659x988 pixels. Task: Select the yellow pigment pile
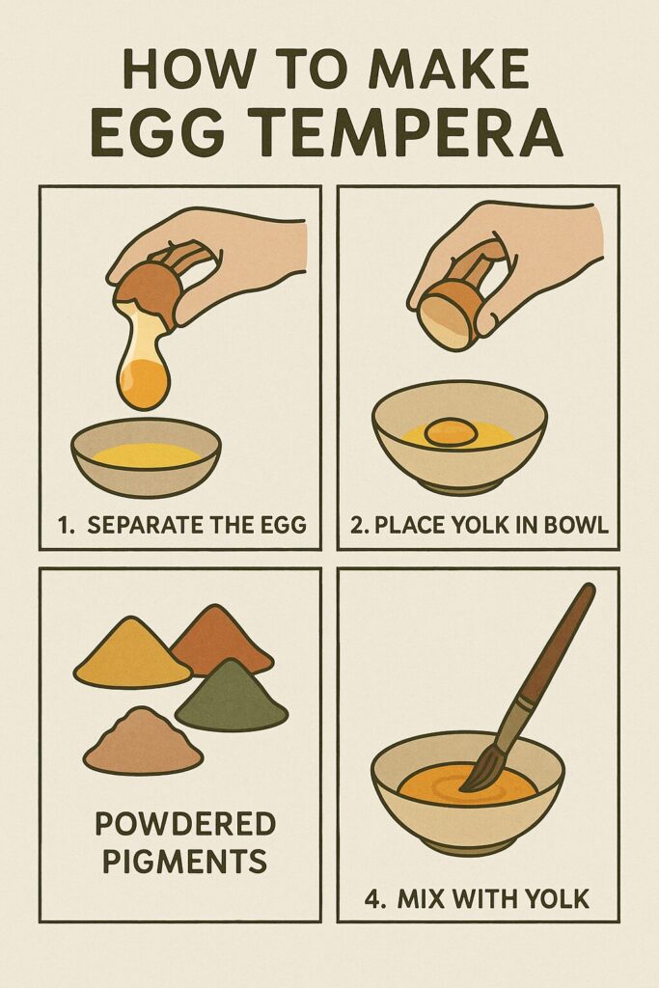[131, 656]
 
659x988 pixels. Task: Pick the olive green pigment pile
[231, 697]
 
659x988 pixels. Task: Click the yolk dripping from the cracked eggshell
[144, 380]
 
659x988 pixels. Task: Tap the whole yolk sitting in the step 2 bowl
[451, 431]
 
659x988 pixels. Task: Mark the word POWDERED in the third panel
[184, 825]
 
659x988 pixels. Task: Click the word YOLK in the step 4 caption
[554, 900]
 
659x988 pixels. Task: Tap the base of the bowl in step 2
[459, 485]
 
